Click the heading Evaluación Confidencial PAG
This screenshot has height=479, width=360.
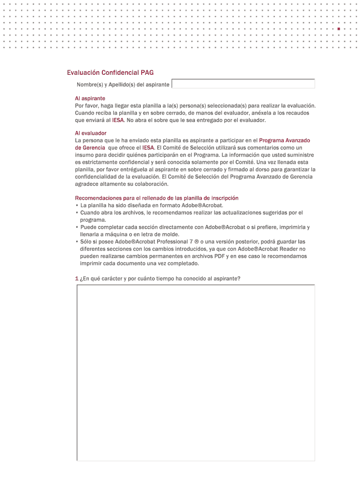click(x=110, y=73)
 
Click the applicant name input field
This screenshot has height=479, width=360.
click(x=243, y=84)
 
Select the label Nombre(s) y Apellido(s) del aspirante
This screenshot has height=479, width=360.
click(x=123, y=85)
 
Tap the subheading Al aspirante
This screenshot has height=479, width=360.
click(x=90, y=98)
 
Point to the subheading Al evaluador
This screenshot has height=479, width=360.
click(x=91, y=133)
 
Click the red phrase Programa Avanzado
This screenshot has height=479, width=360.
click(x=284, y=140)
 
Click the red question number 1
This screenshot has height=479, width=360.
click(x=77, y=279)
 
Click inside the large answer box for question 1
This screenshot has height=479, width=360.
click(x=195, y=372)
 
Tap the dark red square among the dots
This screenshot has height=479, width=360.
click(x=338, y=29)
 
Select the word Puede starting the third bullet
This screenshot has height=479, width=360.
click(x=88, y=227)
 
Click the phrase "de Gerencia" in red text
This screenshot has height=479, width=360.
click(x=90, y=148)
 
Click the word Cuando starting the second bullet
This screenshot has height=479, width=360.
click(x=90, y=213)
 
